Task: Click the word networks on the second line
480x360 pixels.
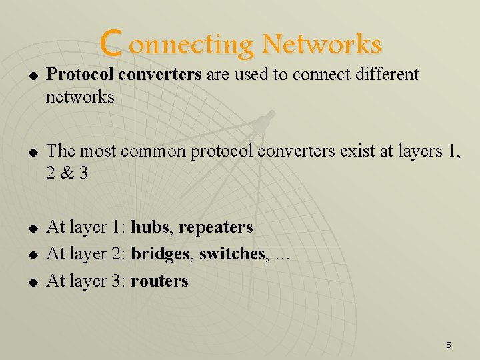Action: pyautogui.click(x=80, y=98)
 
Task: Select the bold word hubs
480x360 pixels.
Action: pyautogui.click(x=149, y=227)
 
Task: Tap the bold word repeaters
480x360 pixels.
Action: pyautogui.click(x=216, y=228)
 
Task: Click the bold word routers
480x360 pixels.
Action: pyautogui.click(x=160, y=281)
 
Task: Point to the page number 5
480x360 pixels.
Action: pyautogui.click(x=448, y=345)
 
